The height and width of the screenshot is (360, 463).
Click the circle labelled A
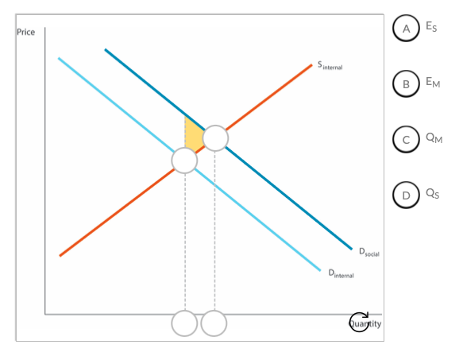coord(406,28)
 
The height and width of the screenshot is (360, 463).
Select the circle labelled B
coord(406,84)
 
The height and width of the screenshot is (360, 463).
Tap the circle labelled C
coord(406,140)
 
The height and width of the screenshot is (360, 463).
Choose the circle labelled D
coord(406,195)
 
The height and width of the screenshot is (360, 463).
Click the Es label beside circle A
coord(431,26)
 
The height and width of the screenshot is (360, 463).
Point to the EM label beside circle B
coord(433,82)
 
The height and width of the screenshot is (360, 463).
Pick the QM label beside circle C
coord(434,137)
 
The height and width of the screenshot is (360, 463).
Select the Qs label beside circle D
coord(433,194)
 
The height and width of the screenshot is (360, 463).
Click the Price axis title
coord(25,32)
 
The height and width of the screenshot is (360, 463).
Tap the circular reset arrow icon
coord(359,322)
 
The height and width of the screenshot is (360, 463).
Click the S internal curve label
coord(330,65)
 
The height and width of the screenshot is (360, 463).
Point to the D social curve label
coord(369,252)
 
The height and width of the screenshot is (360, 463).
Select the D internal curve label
coord(341,273)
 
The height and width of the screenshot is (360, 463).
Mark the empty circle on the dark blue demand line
coord(215,138)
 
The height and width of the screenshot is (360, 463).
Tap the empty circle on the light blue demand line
coord(184,161)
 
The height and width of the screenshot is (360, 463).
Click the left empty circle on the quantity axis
coord(184,323)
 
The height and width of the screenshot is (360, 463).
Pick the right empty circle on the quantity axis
coord(214,323)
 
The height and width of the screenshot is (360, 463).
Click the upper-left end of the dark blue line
coord(106,49)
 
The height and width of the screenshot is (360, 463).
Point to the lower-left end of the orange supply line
coord(60,256)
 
